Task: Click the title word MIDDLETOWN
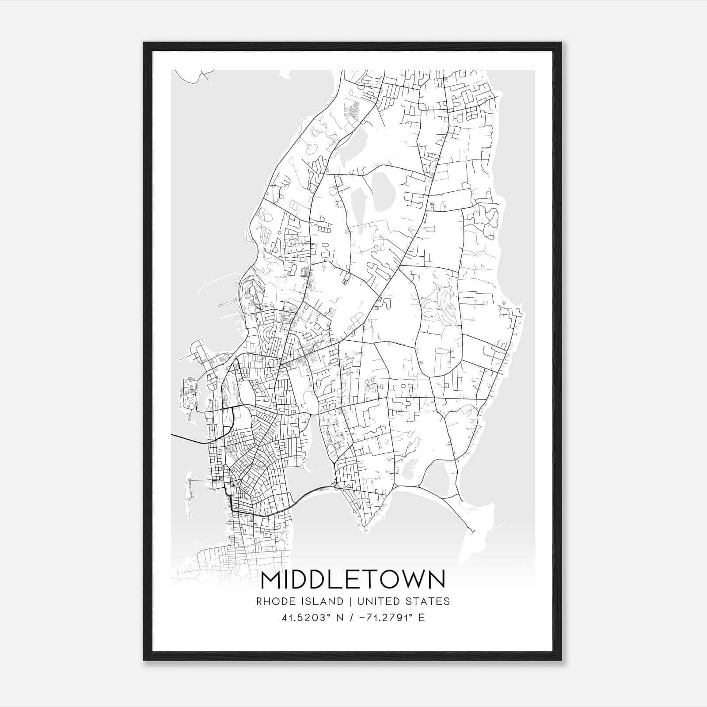coord(353,580)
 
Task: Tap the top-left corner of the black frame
coord(144,43)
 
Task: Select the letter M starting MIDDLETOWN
coord(270,580)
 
